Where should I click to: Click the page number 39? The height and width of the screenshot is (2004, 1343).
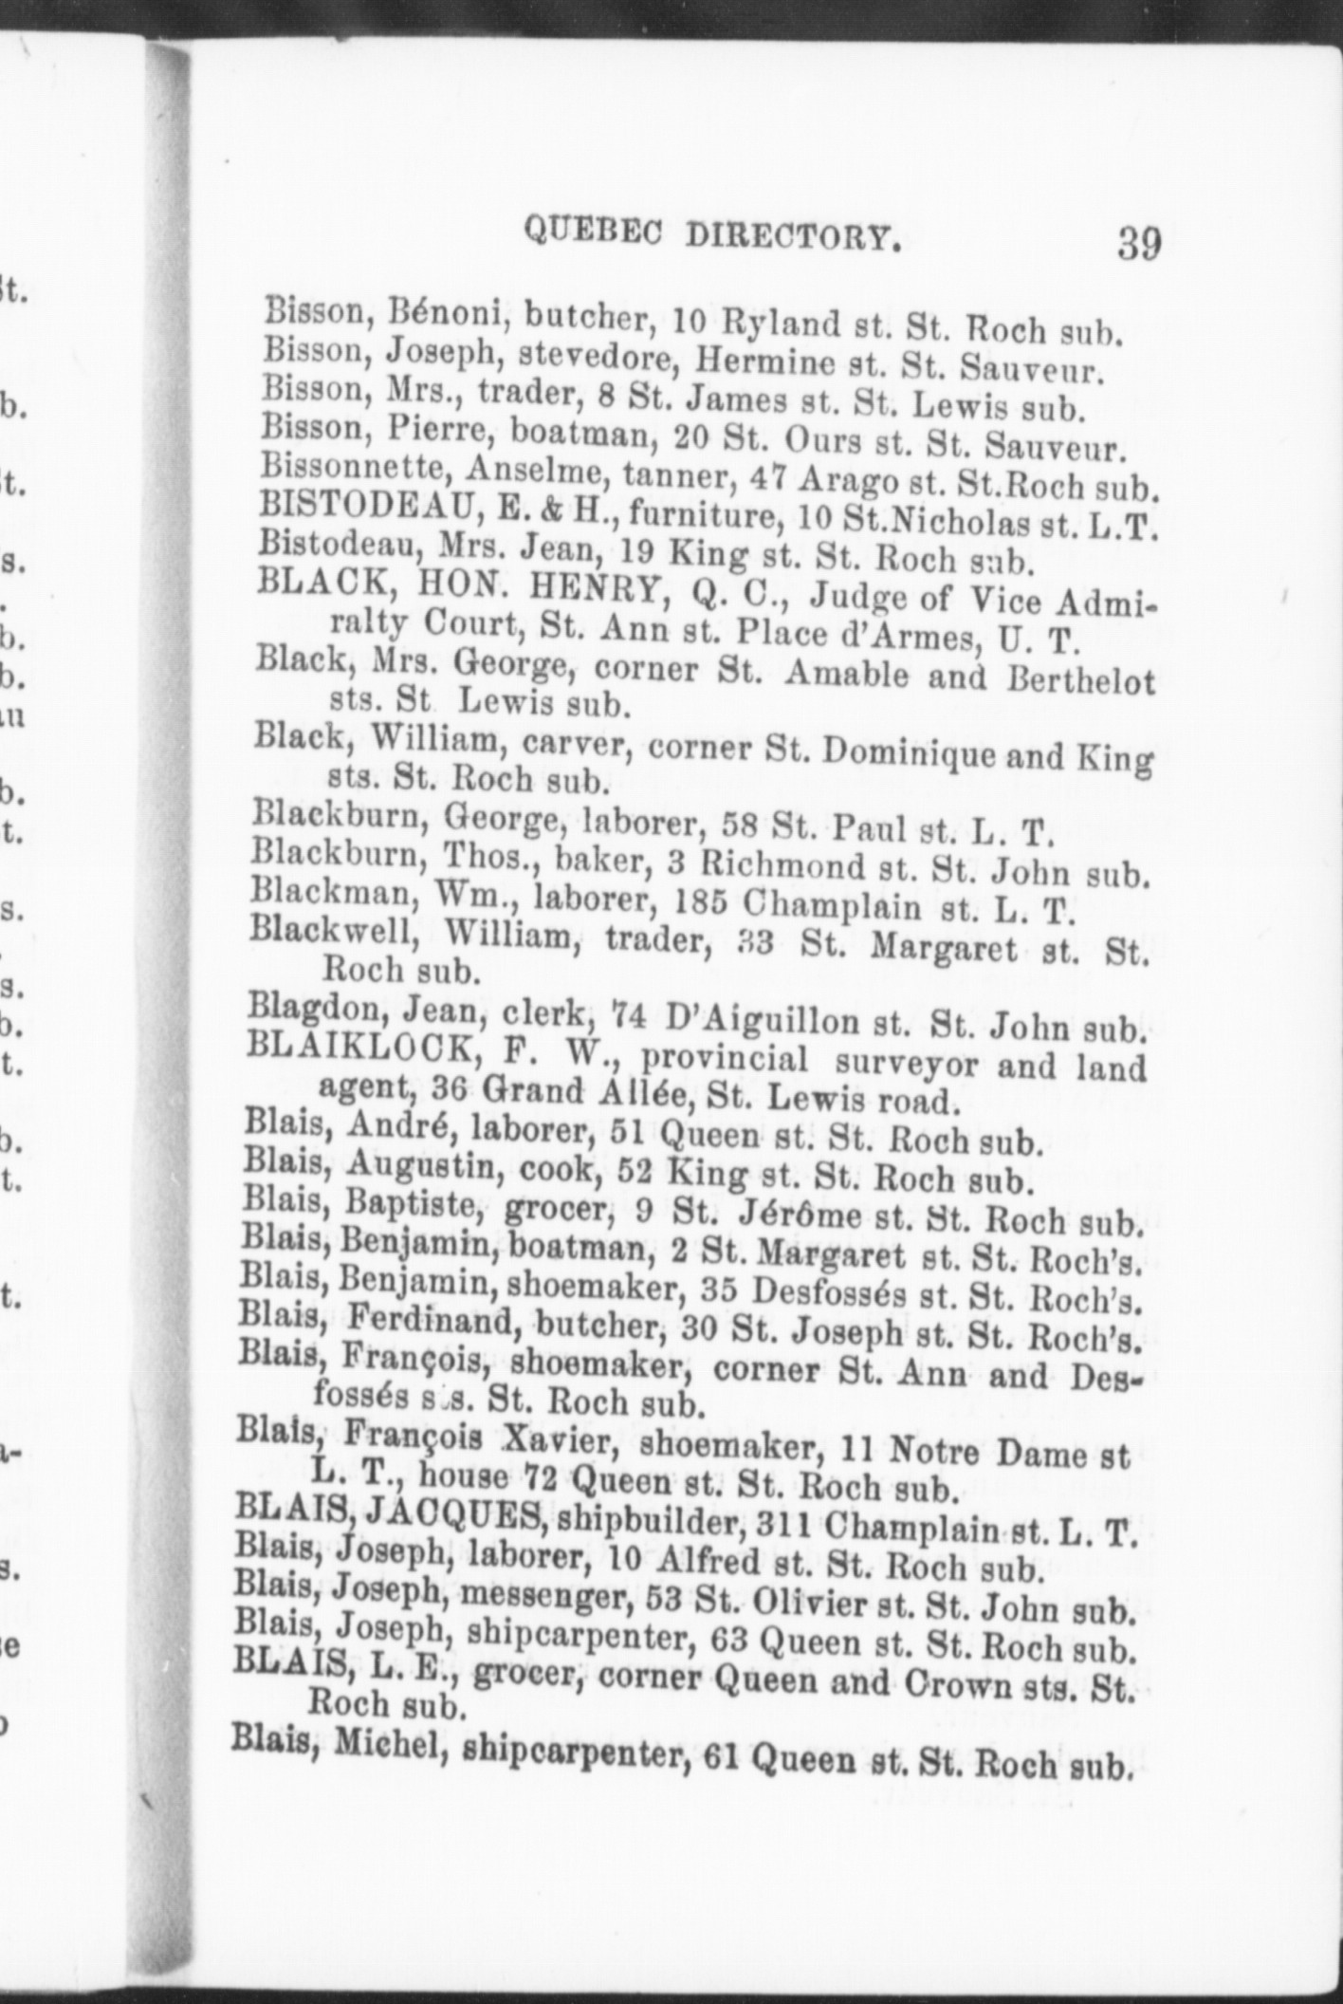[1138, 243]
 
